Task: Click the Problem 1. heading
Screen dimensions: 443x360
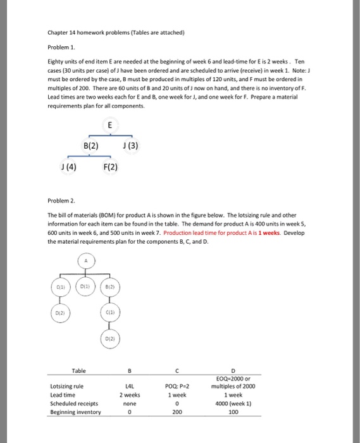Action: point(61,47)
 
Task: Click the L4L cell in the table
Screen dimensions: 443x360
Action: point(129,386)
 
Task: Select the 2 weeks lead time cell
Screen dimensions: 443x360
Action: point(129,394)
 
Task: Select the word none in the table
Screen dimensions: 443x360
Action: point(129,403)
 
